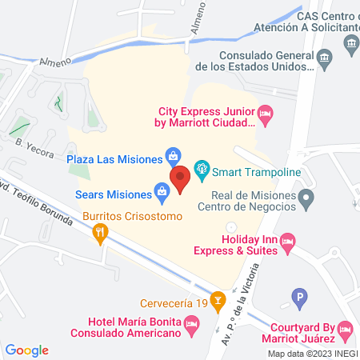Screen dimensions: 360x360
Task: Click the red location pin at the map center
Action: point(180,178)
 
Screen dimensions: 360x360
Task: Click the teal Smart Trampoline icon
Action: point(202,168)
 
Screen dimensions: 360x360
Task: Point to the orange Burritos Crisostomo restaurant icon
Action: point(100,234)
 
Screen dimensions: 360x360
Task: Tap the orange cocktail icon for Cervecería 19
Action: point(217,302)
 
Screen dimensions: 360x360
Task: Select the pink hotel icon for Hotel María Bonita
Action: point(191,324)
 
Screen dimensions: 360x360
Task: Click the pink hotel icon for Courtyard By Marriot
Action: point(345,328)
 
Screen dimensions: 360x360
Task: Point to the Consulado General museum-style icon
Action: point(324,58)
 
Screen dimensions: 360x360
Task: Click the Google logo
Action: point(27,350)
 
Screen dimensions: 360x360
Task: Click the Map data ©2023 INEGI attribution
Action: point(312,354)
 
